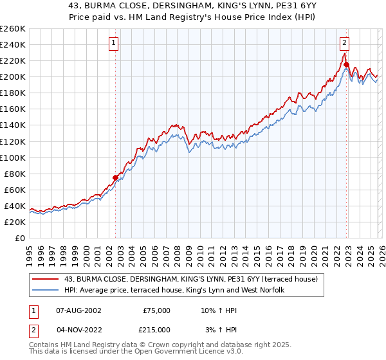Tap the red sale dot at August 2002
coord(116,177)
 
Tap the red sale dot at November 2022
coord(346,64)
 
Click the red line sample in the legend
coord(46,278)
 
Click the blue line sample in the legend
coord(46,290)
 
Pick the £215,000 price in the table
coord(156,329)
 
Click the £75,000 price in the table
coord(156,310)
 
